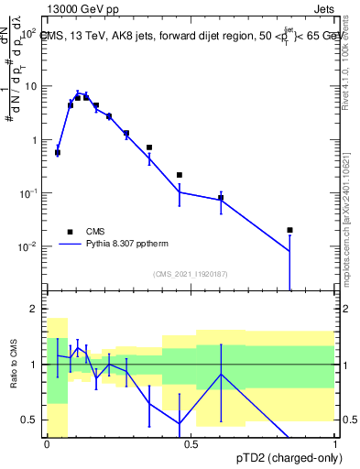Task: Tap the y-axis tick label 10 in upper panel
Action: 30,86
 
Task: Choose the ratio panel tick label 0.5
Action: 32,420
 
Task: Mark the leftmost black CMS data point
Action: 58,153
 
